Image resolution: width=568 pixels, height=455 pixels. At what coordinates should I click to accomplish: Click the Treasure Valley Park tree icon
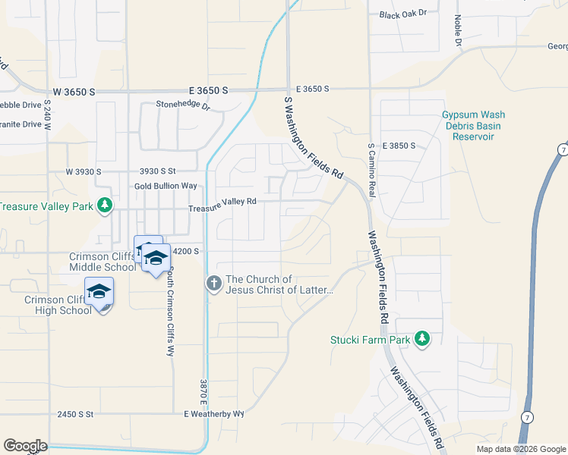point(106,206)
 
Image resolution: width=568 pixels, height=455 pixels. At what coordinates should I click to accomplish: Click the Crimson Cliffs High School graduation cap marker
point(99,292)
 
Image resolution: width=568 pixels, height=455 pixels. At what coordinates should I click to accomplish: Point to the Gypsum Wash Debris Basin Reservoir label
point(473,126)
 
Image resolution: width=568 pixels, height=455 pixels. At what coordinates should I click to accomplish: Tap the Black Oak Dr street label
point(403,14)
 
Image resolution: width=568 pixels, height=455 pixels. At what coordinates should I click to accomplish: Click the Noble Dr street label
point(458,30)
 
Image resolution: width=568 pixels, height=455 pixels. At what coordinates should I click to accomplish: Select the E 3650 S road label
point(312,89)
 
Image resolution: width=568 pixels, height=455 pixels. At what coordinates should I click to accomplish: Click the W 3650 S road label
point(71,91)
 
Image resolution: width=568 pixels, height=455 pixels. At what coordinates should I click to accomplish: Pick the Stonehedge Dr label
point(182,106)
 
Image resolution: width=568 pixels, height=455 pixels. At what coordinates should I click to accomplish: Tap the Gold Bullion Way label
point(166,186)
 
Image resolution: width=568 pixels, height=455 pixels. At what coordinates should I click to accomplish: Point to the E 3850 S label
point(399,145)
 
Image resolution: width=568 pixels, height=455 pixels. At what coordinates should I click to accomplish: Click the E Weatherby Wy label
point(213,414)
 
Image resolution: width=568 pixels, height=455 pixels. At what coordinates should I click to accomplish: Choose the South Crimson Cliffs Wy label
point(172,311)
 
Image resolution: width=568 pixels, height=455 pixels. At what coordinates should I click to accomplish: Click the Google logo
point(25,446)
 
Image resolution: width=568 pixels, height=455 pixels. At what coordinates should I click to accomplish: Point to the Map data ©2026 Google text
point(520,449)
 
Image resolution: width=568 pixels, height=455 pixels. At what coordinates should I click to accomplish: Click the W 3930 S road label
point(83,172)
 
